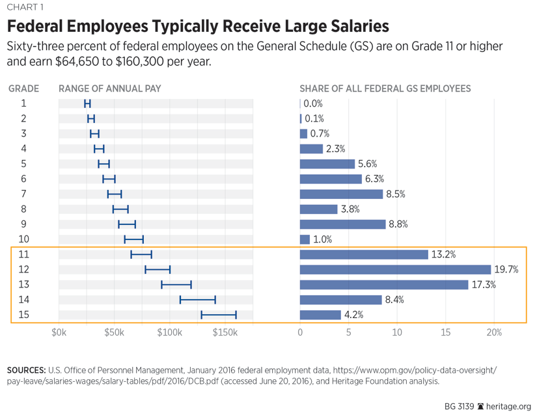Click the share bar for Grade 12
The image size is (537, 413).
point(395,269)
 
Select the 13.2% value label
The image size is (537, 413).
point(442,254)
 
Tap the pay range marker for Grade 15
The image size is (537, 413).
point(219,315)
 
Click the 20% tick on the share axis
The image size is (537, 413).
point(494,333)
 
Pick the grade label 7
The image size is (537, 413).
point(23,194)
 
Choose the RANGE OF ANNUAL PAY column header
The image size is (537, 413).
point(110,88)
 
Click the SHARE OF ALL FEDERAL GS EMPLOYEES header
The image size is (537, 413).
point(385,88)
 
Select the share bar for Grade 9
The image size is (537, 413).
point(342,224)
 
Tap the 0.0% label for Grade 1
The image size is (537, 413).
point(313,103)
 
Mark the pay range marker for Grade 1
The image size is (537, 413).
point(87,103)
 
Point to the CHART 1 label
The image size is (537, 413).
point(24,7)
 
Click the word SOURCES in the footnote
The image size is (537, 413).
point(25,370)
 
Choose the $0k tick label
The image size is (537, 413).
point(59,333)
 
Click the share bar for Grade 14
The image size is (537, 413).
point(340,300)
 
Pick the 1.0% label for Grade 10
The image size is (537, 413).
point(323,239)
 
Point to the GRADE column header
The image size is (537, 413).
point(23,88)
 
